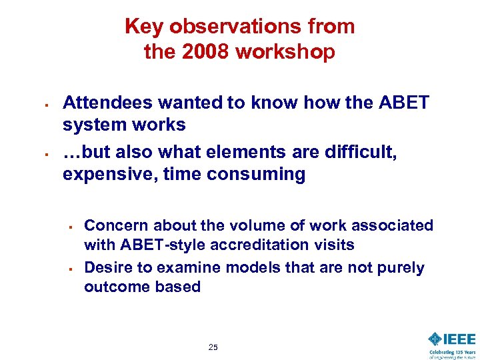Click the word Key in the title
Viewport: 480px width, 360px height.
(144, 27)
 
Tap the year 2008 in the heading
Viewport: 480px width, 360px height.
(198, 51)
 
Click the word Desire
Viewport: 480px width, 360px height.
(107, 267)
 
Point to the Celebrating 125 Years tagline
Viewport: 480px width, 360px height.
(452, 353)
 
